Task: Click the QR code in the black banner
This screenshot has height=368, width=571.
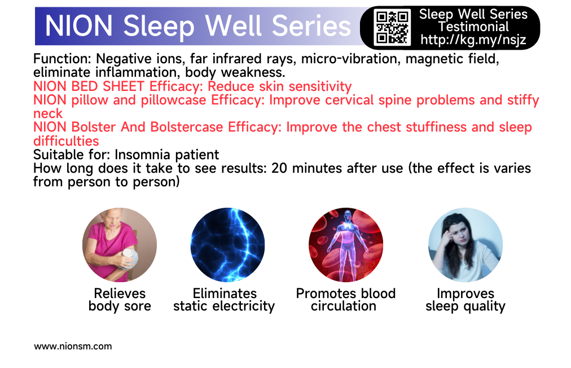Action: tap(392, 27)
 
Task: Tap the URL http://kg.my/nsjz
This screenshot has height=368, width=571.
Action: tap(473, 40)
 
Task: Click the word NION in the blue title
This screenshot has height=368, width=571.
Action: tap(78, 26)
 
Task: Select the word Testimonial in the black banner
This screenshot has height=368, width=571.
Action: tap(473, 27)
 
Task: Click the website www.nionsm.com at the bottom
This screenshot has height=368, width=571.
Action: tap(73, 346)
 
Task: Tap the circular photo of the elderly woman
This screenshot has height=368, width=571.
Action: tap(120, 245)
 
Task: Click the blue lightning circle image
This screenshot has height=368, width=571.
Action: tap(227, 245)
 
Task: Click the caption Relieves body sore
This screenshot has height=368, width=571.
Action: tap(120, 300)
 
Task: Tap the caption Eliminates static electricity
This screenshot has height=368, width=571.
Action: tap(224, 300)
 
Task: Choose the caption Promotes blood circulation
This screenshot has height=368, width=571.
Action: tap(345, 300)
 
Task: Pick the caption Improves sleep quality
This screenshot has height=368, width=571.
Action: tap(465, 300)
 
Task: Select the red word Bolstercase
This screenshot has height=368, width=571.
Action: tap(186, 127)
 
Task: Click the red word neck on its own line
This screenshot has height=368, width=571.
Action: tap(48, 113)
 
